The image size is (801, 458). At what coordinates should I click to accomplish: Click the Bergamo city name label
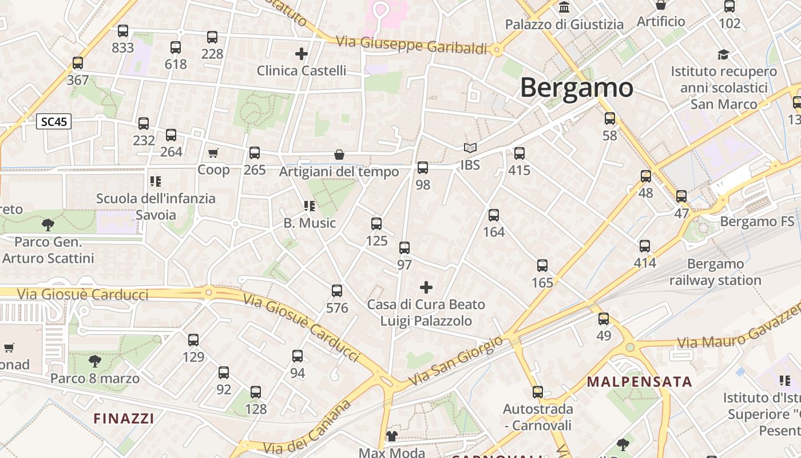pyautogui.click(x=577, y=88)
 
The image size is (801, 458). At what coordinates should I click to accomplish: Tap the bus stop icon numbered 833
pyautogui.click(x=122, y=31)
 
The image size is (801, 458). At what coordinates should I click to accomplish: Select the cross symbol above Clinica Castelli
pyautogui.click(x=302, y=54)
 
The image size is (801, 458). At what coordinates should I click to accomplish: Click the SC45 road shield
pyautogui.click(x=54, y=121)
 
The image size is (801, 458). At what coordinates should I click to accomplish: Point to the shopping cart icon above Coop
pyautogui.click(x=213, y=153)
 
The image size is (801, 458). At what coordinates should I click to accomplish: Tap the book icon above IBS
pyautogui.click(x=470, y=148)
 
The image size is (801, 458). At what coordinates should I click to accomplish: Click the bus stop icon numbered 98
pyautogui.click(x=423, y=168)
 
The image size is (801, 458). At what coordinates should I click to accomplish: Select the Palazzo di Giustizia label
pyautogui.click(x=564, y=24)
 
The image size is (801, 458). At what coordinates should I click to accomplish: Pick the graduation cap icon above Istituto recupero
pyautogui.click(x=724, y=54)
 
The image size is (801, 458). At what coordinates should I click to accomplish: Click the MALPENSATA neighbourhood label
pyautogui.click(x=640, y=382)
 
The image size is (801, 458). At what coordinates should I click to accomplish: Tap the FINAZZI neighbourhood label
pyautogui.click(x=124, y=418)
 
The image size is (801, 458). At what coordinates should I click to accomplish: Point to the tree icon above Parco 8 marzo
pyautogui.click(x=95, y=361)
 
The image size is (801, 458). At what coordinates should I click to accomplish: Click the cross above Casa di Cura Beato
pyautogui.click(x=426, y=287)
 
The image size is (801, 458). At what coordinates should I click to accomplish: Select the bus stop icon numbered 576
pyautogui.click(x=337, y=291)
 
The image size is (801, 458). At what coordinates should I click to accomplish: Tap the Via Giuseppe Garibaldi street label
pyautogui.click(x=412, y=45)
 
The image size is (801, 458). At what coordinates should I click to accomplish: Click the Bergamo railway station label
pyautogui.click(x=715, y=273)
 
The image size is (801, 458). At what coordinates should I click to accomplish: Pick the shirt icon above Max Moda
pyautogui.click(x=391, y=436)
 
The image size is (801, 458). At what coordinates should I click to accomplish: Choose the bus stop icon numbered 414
pyautogui.click(x=645, y=246)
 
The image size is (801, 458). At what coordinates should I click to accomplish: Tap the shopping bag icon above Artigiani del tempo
pyautogui.click(x=339, y=155)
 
